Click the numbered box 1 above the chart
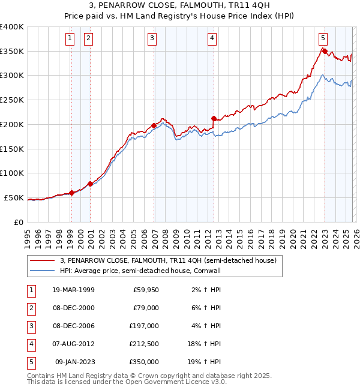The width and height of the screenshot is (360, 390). point(70,38)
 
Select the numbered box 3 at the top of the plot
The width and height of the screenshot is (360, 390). point(152,38)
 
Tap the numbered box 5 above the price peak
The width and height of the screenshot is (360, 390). point(323,38)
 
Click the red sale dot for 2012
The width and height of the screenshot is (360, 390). point(214,118)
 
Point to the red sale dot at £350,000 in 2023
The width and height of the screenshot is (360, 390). point(325,52)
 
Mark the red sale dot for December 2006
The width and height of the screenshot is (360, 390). point(154,125)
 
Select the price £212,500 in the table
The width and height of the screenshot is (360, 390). point(144,344)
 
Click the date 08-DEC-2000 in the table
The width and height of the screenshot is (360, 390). point(73,307)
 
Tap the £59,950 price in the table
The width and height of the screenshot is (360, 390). point(145,289)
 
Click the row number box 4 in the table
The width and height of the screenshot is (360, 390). point(30,344)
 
